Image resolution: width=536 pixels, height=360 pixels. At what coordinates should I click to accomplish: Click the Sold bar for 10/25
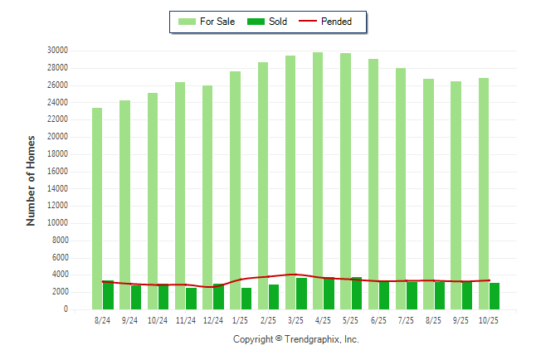[495, 296]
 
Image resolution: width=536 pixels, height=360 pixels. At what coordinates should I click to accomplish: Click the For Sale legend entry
[208, 22]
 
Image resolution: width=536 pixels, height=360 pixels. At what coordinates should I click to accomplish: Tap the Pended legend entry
[331, 22]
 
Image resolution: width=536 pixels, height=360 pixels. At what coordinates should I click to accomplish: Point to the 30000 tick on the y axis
[57, 51]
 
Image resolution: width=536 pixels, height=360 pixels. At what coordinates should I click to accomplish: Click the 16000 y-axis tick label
[57, 172]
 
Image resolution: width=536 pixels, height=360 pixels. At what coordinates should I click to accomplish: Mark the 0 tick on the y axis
[65, 309]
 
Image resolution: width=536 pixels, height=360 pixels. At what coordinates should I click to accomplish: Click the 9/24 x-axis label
[130, 320]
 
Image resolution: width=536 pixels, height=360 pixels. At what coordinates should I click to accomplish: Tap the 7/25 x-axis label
[407, 320]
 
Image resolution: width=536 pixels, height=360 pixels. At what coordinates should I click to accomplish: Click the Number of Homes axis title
[31, 180]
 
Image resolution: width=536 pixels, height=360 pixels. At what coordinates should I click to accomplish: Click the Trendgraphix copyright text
[296, 339]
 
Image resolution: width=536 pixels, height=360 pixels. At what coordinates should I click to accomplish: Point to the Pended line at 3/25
[296, 275]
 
